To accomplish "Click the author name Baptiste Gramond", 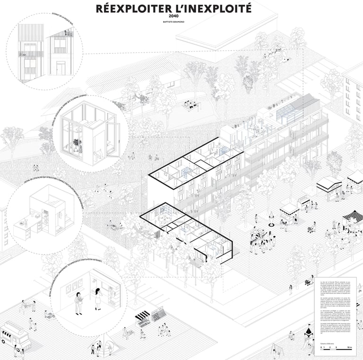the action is (x=174, y=22).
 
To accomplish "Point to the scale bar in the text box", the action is (x=336, y=349).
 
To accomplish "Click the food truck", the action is (x=14, y=335).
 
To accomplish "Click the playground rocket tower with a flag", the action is (x=308, y=334).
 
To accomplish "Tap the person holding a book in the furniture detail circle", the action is (x=78, y=303).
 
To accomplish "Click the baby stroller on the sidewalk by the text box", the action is (x=307, y=282).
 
